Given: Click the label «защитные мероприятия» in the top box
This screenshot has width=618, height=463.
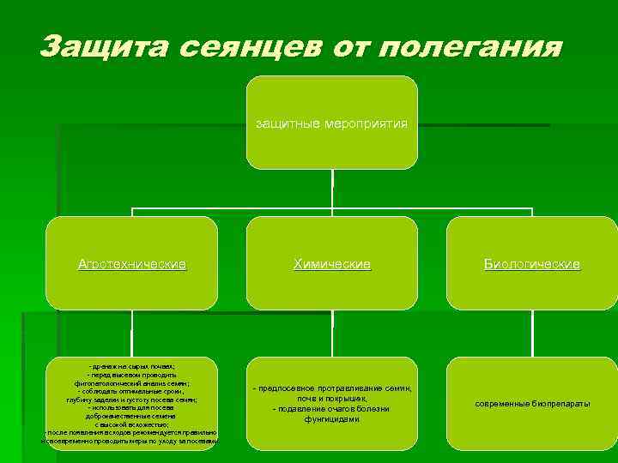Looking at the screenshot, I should tap(331, 123).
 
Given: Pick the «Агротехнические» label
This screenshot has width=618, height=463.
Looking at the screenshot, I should tap(132, 265).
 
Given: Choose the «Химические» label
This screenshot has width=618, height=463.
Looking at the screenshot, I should tap(332, 265).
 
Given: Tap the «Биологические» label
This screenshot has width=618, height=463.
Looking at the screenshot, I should tap(532, 265).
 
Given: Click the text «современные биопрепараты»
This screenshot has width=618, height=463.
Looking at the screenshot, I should tap(532, 404).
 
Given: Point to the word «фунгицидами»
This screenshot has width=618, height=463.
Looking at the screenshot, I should tap(332, 419).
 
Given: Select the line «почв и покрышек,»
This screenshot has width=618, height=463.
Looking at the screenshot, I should tap(332, 399).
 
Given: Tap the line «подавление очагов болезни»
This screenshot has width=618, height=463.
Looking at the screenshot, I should tap(333, 409).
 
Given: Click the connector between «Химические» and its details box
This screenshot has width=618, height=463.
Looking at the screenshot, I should tap(332, 331).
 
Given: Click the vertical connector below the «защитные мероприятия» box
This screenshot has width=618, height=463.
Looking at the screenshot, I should tap(332, 189).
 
